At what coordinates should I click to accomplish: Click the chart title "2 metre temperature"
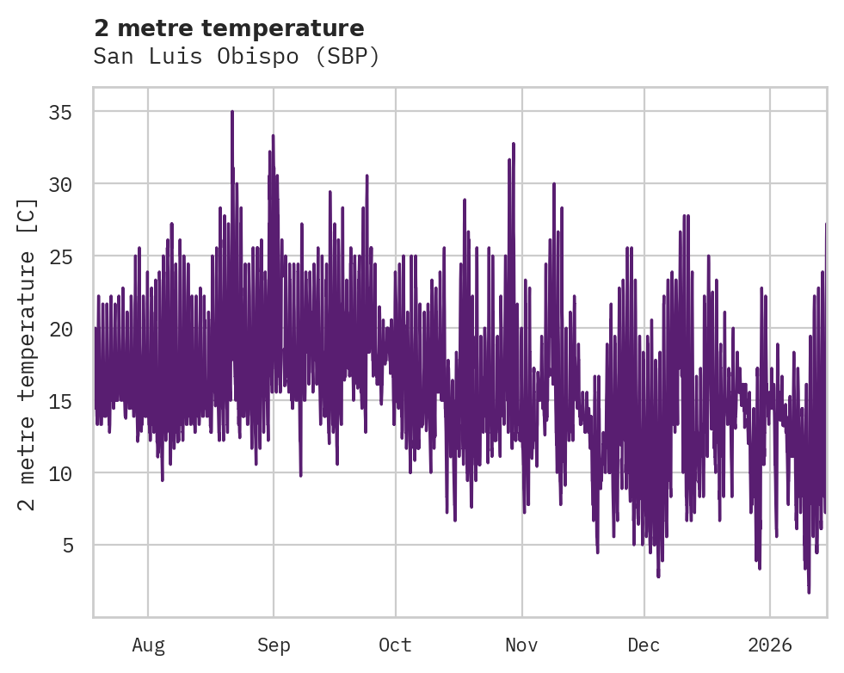pos(229,28)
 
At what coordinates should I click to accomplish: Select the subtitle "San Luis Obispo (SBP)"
pos(236,57)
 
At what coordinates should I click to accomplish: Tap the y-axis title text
pos(28,354)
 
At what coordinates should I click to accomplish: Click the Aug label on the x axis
pos(148,645)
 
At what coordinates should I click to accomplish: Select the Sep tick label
pos(274,645)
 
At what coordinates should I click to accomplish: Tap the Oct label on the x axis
pos(396,645)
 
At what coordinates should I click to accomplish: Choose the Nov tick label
pos(521,645)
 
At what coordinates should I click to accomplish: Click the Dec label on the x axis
pos(644,645)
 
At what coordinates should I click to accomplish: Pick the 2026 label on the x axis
pos(770,645)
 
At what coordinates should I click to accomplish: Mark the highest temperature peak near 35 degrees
pos(232,112)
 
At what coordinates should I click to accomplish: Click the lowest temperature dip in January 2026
pos(809,591)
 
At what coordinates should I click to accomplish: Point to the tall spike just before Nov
pos(513,144)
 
